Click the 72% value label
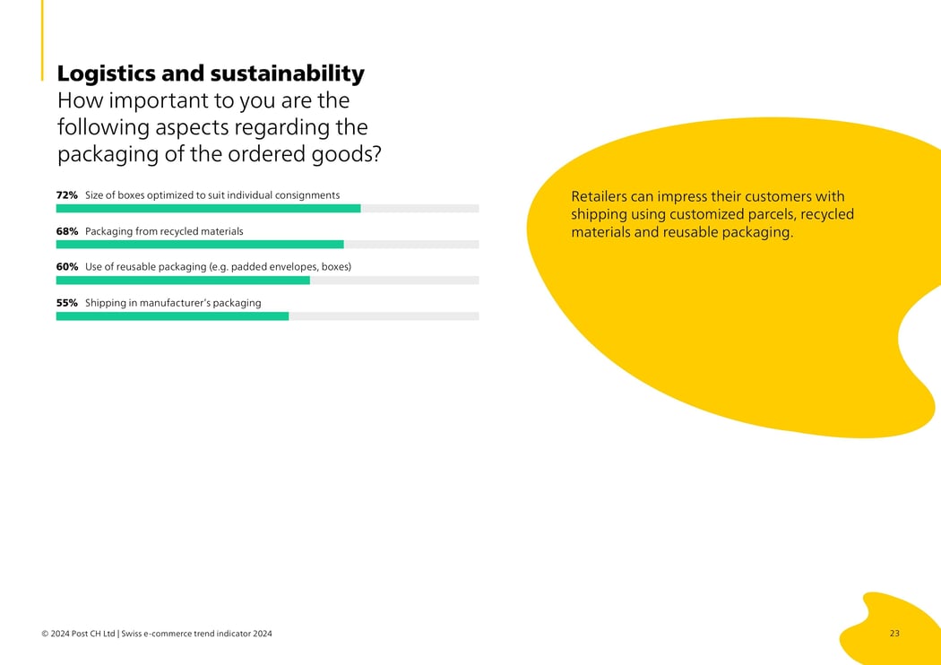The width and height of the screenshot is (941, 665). point(67,195)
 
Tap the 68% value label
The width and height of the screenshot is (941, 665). point(67,231)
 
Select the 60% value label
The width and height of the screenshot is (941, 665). point(67,267)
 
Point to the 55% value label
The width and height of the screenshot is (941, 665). point(67,303)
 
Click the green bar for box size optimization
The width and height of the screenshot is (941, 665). point(208,209)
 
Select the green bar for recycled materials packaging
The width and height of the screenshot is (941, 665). point(200,245)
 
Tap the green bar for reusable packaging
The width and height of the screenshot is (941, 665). point(183,281)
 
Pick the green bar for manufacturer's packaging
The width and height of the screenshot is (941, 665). point(172,316)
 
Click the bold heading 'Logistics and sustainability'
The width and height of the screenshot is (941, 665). point(211,73)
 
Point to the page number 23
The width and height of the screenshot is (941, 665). point(894,634)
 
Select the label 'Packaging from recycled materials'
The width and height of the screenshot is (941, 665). point(164,231)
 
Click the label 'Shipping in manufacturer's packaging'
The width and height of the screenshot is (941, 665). point(173,303)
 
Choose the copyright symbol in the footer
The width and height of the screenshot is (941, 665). point(45,635)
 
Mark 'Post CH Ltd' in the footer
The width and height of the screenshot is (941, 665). point(94,635)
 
